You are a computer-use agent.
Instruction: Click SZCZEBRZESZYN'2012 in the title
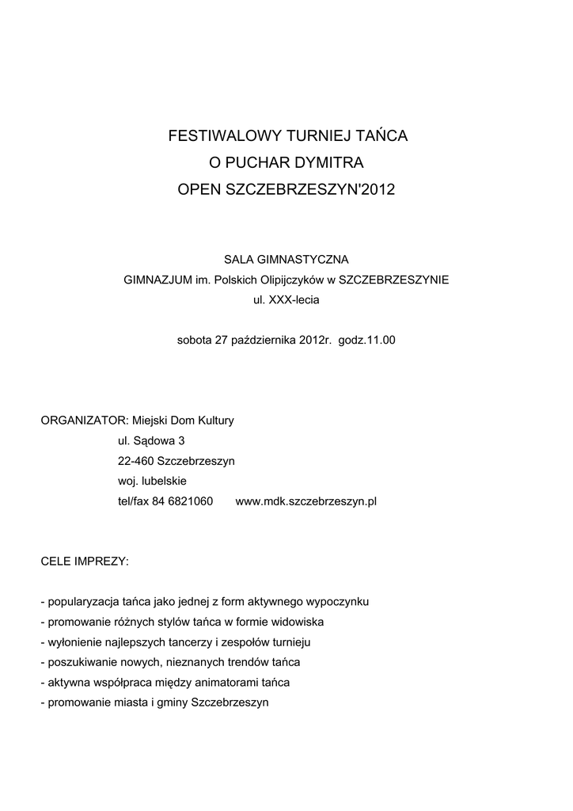(309, 190)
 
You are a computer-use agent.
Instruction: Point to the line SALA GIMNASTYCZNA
(286, 259)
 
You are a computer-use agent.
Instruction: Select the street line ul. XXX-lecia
(286, 300)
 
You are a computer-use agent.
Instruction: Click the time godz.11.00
(366, 341)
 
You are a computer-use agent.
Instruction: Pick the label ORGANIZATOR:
(84, 421)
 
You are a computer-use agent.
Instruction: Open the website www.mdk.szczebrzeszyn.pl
(306, 502)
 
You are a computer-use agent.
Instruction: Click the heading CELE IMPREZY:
(84, 562)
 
